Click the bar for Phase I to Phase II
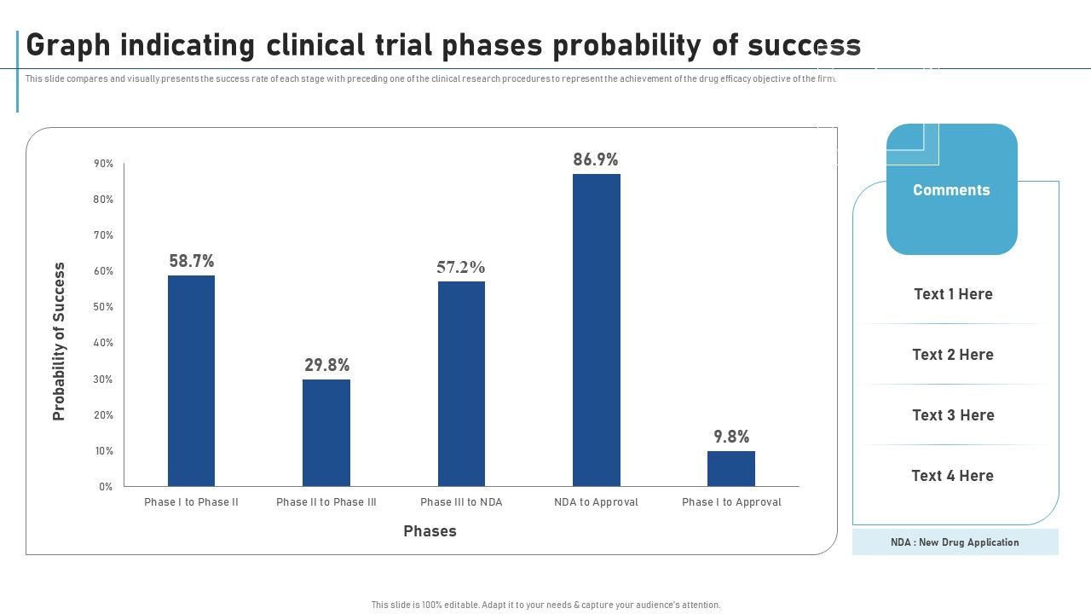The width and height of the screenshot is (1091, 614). point(191,380)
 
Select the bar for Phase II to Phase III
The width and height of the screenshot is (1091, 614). point(326,432)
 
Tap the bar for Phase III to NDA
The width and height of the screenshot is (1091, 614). point(461,384)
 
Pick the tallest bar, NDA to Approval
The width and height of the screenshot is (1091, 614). point(596,330)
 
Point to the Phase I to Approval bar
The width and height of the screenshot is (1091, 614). point(731,468)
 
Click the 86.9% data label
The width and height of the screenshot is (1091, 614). point(596,159)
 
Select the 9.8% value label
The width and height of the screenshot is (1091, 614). point(731,437)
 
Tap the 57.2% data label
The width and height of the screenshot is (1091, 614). point(461,267)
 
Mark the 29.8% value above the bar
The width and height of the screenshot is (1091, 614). point(326,365)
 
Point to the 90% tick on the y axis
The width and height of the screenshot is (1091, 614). point(104,164)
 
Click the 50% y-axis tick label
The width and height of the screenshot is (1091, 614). point(104,307)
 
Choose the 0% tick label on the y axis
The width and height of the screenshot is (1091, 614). point(106,487)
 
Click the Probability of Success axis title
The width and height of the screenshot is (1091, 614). point(59,341)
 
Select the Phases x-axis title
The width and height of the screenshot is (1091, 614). point(430,531)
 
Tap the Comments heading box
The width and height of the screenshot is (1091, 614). point(951,190)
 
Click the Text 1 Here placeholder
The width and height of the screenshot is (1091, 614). point(953,294)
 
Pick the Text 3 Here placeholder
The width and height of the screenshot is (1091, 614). point(953,415)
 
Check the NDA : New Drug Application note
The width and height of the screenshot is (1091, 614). point(955,542)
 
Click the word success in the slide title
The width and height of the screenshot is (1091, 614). point(804,45)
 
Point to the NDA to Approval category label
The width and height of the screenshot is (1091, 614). point(596,502)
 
